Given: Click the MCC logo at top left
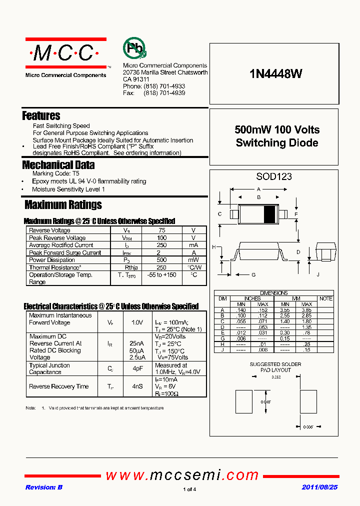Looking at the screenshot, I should (x=65, y=53).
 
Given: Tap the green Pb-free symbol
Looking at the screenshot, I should (x=134, y=48).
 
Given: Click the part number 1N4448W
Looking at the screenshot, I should (x=275, y=73).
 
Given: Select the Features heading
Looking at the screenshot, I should (x=41, y=115).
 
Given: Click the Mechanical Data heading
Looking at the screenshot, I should (x=58, y=164).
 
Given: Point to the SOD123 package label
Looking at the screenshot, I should (x=274, y=176).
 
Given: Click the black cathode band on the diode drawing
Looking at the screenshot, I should (x=269, y=214).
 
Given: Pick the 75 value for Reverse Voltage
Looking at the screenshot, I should (x=162, y=230).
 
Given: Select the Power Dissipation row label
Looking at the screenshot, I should (x=52, y=260).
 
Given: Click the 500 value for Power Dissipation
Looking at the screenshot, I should (x=162, y=260).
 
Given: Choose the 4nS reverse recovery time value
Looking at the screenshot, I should (x=136, y=386).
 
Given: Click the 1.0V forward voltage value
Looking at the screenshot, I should (x=136, y=322).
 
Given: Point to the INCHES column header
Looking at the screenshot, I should (x=252, y=298).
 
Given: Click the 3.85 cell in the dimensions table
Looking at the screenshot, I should (x=306, y=310).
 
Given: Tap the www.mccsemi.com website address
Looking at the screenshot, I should (x=182, y=475).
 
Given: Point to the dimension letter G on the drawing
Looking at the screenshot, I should (x=253, y=274).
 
